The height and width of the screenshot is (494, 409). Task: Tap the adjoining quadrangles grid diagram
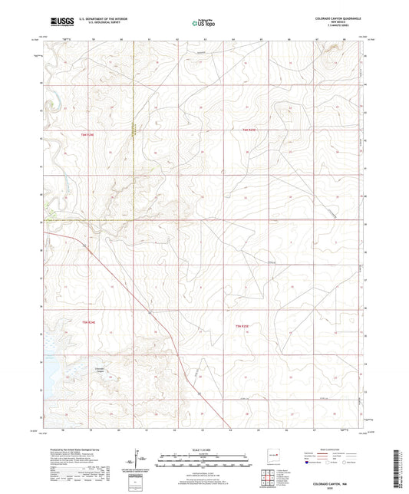coord(270,482)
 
